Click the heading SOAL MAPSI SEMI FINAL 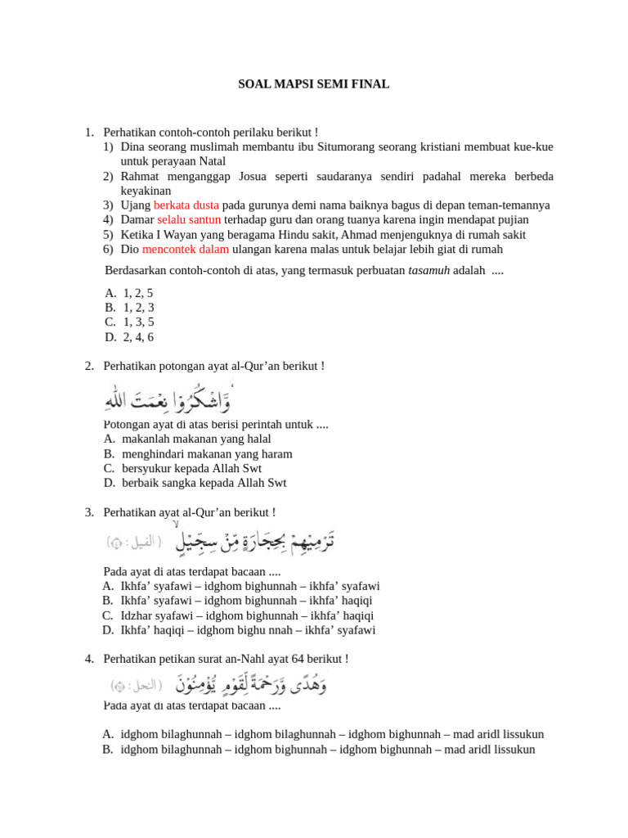[313, 83]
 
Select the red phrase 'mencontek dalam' [186, 250]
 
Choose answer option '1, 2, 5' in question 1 [138, 293]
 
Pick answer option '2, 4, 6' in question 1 [138, 337]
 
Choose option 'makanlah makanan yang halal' [196, 439]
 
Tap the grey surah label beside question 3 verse [133, 542]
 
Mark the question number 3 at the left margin [89, 512]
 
